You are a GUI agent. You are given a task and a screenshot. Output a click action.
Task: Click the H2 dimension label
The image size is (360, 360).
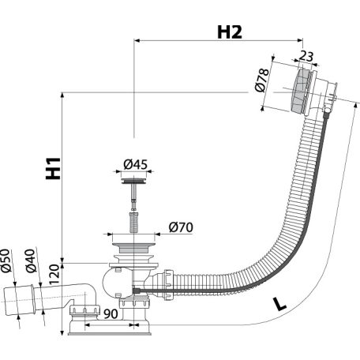pyautogui.click(x=230, y=32)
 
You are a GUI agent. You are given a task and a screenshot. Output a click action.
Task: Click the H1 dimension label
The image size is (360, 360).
pyautogui.click(x=54, y=168)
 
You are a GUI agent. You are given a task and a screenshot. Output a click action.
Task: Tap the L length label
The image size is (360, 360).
pyautogui.click(x=279, y=304)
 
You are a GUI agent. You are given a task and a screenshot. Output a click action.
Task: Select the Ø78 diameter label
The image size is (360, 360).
pyautogui.click(x=262, y=80)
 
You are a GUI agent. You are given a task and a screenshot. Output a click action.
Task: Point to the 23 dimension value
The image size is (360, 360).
pyautogui.click(x=306, y=56)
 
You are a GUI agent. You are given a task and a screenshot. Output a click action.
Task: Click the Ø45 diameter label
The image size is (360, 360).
pyautogui.click(x=136, y=164)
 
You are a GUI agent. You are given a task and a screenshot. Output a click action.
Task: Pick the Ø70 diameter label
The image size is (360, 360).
pyautogui.click(x=181, y=227)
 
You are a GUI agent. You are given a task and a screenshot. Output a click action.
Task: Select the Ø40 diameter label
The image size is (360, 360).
pyautogui.click(x=31, y=261)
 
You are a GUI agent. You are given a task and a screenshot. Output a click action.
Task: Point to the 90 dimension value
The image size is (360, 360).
pyautogui.click(x=111, y=313)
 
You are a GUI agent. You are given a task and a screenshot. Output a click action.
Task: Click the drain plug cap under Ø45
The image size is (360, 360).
pyautogui.click(x=134, y=182)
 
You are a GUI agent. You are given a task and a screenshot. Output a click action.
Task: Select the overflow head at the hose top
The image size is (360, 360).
pyautogui.click(x=313, y=91)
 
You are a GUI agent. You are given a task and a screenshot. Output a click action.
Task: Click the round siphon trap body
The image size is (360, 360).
pyautogui.click(x=116, y=282)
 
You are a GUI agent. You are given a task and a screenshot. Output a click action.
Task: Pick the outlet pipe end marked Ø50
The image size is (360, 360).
pyautogui.click(x=18, y=300)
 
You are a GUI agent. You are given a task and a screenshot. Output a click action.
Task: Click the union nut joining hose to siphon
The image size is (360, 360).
pyautogui.click(x=168, y=285)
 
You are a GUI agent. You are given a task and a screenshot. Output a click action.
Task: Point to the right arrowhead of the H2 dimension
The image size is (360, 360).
pyautogui.click(x=300, y=40)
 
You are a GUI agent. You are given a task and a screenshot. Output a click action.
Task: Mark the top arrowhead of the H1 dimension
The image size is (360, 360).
pyautogui.click(x=62, y=96)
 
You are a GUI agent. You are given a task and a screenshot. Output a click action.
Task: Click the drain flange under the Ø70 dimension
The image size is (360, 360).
pyautogui.click(x=133, y=248)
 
